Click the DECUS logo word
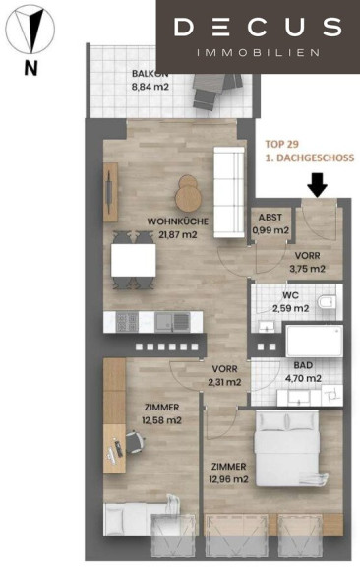(258, 28)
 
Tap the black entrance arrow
(317, 185)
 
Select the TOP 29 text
(282, 144)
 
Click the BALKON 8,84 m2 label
(150, 80)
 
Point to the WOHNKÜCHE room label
(178, 221)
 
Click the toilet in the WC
(327, 302)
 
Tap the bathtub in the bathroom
(314, 341)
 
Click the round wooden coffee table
(188, 193)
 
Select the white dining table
(134, 260)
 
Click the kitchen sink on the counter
(172, 322)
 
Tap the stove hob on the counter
(127, 322)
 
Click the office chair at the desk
(134, 442)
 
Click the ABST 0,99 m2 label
(270, 223)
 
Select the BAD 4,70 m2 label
(303, 372)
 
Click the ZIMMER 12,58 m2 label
(161, 413)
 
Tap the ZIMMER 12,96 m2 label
(228, 472)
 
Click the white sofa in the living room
(229, 192)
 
